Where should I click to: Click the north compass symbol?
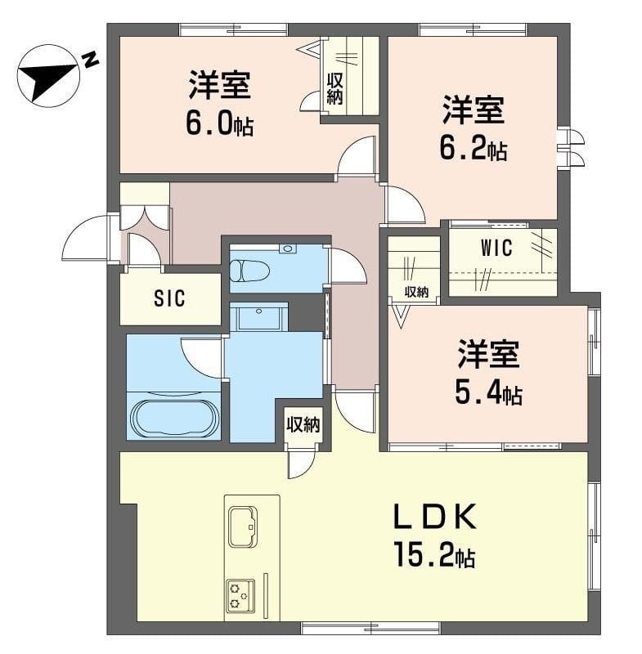47,76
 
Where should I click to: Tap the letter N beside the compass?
90,60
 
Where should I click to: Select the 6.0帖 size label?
220,123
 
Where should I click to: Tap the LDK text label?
435,517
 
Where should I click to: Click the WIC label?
496,248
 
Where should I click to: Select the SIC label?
169,298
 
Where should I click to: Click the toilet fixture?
249,271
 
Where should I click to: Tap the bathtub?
175,419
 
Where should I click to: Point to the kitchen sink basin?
243,526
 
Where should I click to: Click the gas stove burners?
240,596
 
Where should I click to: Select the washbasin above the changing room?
258,316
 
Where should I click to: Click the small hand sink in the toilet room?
288,249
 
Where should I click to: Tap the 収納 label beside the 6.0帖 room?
334,89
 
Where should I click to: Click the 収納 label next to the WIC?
416,292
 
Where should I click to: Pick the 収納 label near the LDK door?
303,424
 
